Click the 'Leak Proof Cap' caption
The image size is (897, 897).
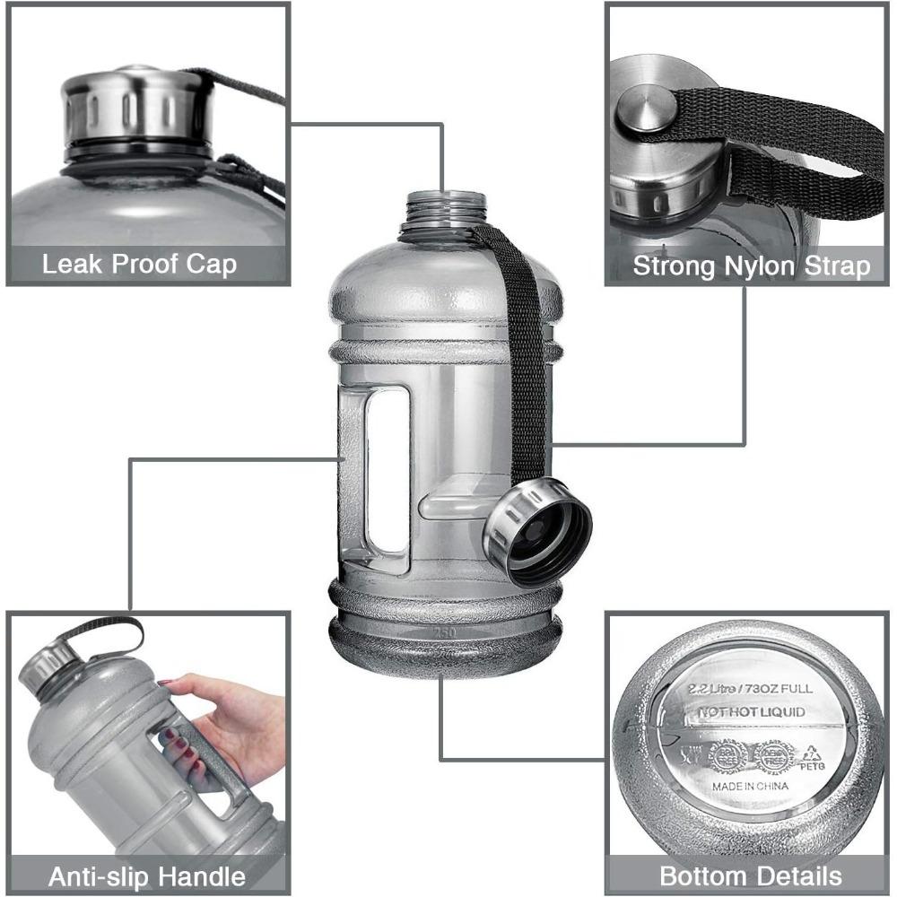pyautogui.click(x=139, y=265)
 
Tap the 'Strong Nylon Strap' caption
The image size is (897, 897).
pyautogui.click(x=751, y=266)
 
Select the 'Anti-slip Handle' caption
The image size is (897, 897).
pyautogui.click(x=146, y=875)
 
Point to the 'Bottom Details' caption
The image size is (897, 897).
pyautogui.click(x=751, y=875)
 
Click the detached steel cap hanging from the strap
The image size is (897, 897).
pyautogui.click(x=536, y=533)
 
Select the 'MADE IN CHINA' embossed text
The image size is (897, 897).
pyautogui.click(x=750, y=786)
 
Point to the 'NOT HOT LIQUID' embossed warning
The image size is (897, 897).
pyautogui.click(x=750, y=713)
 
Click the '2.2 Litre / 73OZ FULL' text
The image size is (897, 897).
pyautogui.click(x=750, y=689)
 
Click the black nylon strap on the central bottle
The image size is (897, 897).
pyautogui.click(x=525, y=359)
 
